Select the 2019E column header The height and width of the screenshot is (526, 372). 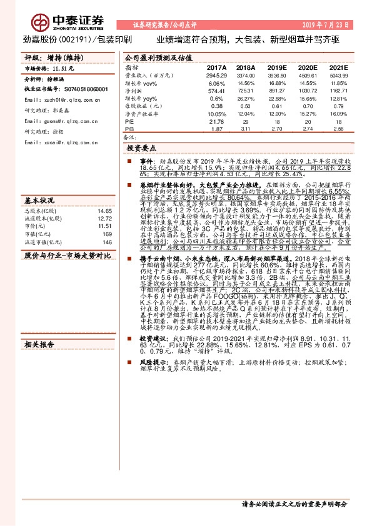[x=274, y=67]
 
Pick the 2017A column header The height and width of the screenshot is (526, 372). [x=216, y=67]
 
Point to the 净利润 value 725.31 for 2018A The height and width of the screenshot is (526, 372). [x=246, y=91]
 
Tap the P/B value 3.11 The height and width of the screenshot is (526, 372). [x=246, y=129]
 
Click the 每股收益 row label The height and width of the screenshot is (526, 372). [x=139, y=106]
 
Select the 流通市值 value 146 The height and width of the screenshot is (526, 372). [x=107, y=224]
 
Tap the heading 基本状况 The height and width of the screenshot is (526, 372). [x=39, y=183]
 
